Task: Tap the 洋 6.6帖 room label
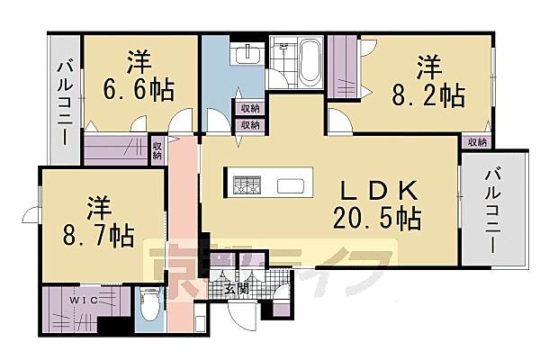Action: (139, 76)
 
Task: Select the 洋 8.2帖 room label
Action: (428, 80)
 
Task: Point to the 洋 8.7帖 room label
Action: (99, 222)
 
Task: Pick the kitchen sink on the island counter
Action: (290, 186)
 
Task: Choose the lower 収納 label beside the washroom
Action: (249, 125)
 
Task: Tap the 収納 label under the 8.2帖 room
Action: (476, 141)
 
